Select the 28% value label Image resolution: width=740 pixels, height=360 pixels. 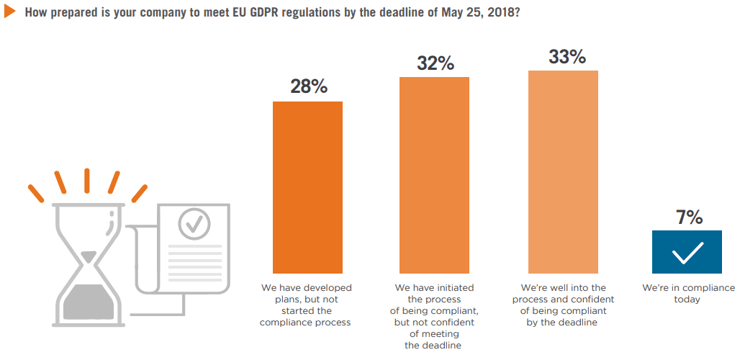pyautogui.click(x=308, y=86)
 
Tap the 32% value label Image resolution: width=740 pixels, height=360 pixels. pyautogui.click(x=435, y=63)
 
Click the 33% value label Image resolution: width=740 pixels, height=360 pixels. pyautogui.click(x=567, y=57)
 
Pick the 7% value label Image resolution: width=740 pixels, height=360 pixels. pyautogui.click(x=686, y=217)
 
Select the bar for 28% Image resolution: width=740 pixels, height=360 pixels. pyautogui.click(x=307, y=187)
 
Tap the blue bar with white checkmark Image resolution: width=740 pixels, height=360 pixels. pyautogui.click(x=686, y=253)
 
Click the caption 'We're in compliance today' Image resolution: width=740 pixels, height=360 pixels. pyautogui.click(x=686, y=294)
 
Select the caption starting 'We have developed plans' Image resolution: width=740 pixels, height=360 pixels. pyautogui.click(x=307, y=305)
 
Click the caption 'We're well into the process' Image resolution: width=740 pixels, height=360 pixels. pyautogui.click(x=563, y=305)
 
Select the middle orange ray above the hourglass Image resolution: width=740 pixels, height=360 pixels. pyautogui.click(x=86, y=181)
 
